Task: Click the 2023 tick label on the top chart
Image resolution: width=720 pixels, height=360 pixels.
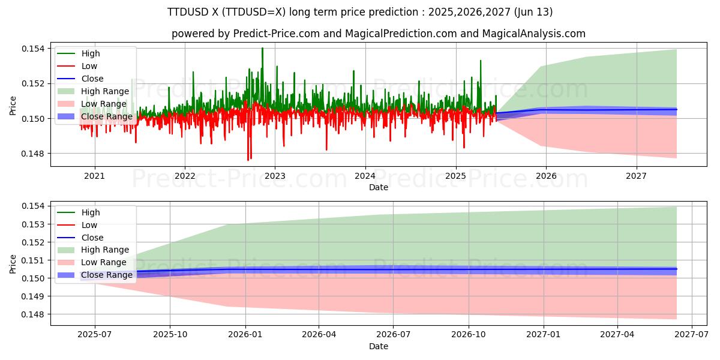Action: (x=275, y=176)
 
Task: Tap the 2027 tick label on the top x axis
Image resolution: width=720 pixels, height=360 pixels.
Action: (x=636, y=176)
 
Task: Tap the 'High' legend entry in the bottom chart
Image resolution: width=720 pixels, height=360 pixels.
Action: (x=91, y=212)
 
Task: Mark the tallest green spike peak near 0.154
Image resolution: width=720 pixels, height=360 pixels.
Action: (x=262, y=48)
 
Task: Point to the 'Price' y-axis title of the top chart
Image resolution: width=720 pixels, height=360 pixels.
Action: (x=13, y=105)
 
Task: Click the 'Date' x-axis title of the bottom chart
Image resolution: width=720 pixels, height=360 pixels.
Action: (x=379, y=346)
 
